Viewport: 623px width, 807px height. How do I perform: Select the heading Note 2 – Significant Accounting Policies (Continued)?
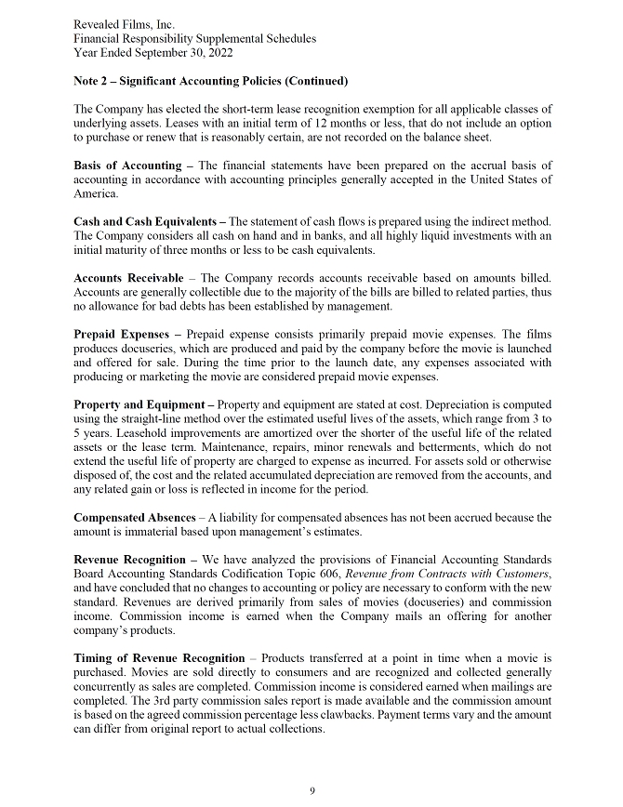point(210,81)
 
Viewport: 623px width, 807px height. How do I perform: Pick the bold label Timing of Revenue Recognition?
point(159,658)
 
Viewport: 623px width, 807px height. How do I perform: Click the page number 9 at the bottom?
point(312,790)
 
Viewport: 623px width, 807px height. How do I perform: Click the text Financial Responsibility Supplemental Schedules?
point(194,38)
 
